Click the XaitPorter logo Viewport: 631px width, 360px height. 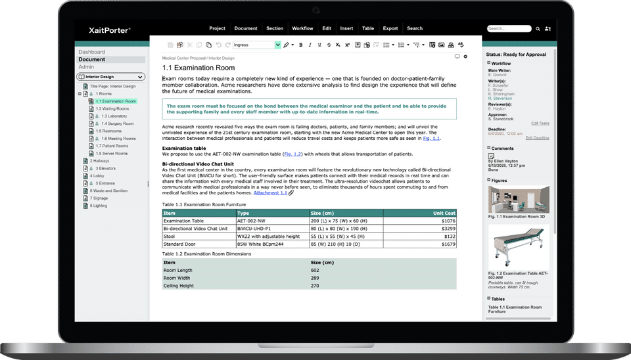coord(109,30)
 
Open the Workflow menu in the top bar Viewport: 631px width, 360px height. coord(302,29)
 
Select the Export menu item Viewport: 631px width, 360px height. coord(390,29)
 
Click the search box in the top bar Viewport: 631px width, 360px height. coord(509,29)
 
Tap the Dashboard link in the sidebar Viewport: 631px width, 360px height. coord(91,52)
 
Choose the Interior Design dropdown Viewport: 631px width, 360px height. coord(110,77)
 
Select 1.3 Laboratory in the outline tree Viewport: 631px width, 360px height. coord(114,116)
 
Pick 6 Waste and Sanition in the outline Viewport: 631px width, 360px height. coord(109,191)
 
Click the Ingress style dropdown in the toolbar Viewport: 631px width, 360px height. coord(257,45)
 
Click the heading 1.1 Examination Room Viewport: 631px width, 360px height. coord(198,68)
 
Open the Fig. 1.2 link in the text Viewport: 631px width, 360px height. coord(292,154)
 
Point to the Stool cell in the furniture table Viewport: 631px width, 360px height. coord(169,236)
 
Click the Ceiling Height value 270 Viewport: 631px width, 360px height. coord(315,286)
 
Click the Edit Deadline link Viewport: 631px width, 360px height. coord(537,138)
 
